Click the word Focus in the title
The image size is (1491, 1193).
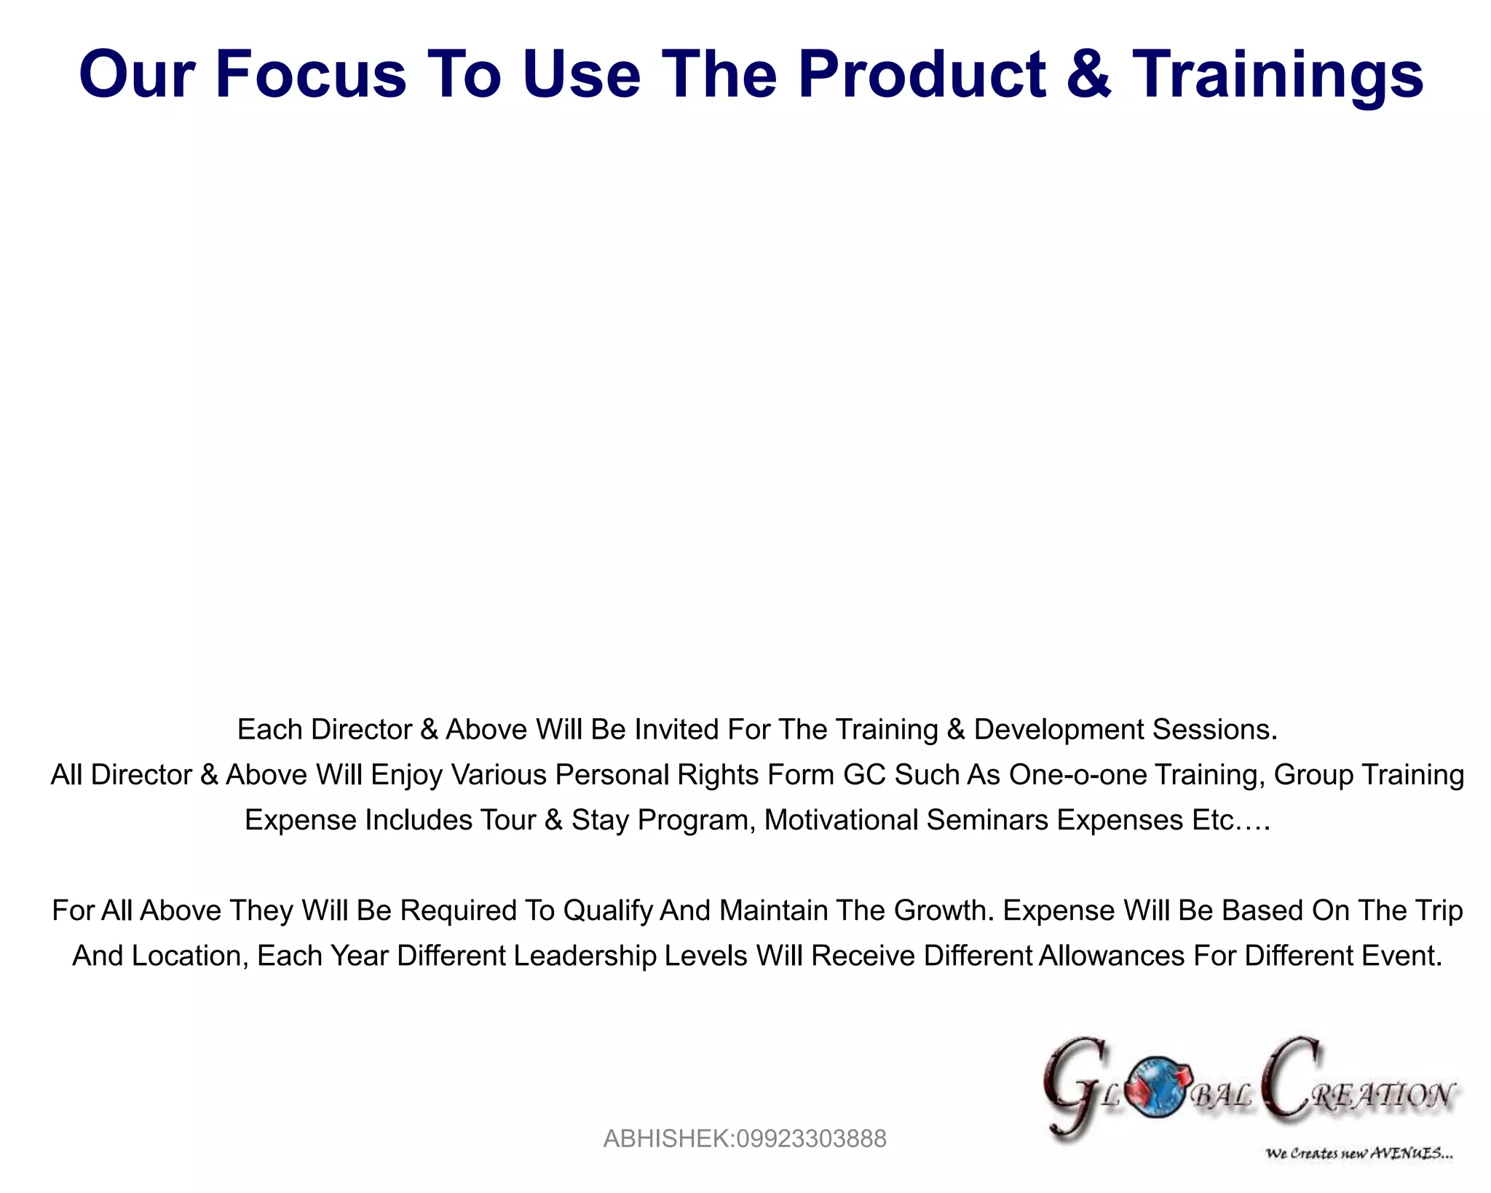coord(310,74)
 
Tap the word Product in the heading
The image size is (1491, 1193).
coord(922,74)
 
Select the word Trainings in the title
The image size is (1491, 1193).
coord(1277,76)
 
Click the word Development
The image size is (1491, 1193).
coord(1059,730)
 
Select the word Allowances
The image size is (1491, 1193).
coord(1111,956)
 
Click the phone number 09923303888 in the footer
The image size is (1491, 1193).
coord(811,1138)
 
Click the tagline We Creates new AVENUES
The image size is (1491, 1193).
coord(1358,1153)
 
